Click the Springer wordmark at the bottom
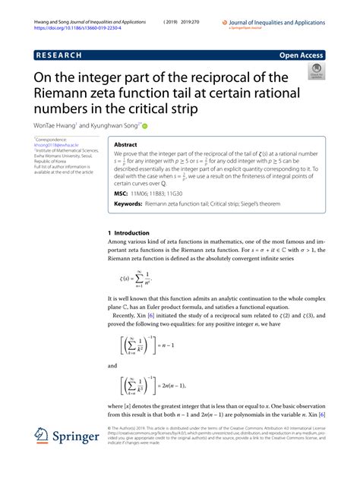click(x=79, y=439)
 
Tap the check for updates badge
click(x=314, y=74)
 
